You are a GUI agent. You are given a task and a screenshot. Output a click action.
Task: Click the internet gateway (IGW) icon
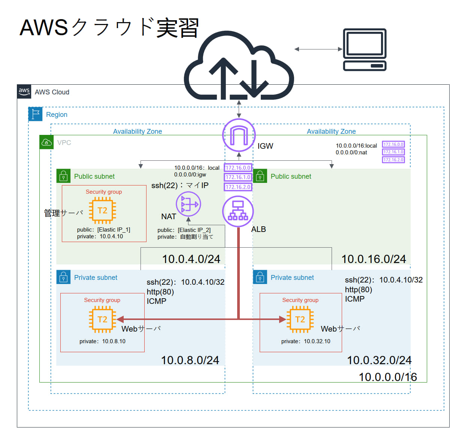(239, 135)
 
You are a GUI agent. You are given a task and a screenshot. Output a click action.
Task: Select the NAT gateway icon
(188, 204)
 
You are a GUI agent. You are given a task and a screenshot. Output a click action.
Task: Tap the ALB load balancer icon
(238, 211)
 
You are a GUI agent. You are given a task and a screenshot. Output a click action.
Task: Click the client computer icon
(365, 49)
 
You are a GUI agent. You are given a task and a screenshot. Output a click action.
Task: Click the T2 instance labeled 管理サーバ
(102, 210)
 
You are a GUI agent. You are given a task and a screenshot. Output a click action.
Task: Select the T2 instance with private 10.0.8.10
(102, 319)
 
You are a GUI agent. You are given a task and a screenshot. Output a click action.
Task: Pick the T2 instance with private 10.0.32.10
(300, 319)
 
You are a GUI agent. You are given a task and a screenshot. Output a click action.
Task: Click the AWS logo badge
(24, 91)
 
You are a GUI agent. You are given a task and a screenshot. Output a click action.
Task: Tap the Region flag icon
(35, 114)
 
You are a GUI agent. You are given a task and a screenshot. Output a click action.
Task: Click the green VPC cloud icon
(46, 142)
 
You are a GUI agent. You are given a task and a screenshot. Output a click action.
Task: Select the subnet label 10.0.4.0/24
(191, 259)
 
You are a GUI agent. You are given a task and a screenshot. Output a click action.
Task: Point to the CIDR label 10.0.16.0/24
(374, 259)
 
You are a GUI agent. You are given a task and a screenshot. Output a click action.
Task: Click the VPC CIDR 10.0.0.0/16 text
(388, 377)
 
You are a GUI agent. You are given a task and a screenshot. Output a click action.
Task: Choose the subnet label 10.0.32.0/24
(379, 360)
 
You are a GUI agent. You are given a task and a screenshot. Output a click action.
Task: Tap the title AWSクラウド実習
(109, 28)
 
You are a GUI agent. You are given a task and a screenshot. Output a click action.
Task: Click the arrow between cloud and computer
(318, 49)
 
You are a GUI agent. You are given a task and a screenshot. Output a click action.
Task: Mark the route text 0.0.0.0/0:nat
(351, 152)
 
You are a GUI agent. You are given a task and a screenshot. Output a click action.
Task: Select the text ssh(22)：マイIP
(180, 185)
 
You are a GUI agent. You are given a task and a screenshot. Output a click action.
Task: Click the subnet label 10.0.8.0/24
(190, 360)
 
